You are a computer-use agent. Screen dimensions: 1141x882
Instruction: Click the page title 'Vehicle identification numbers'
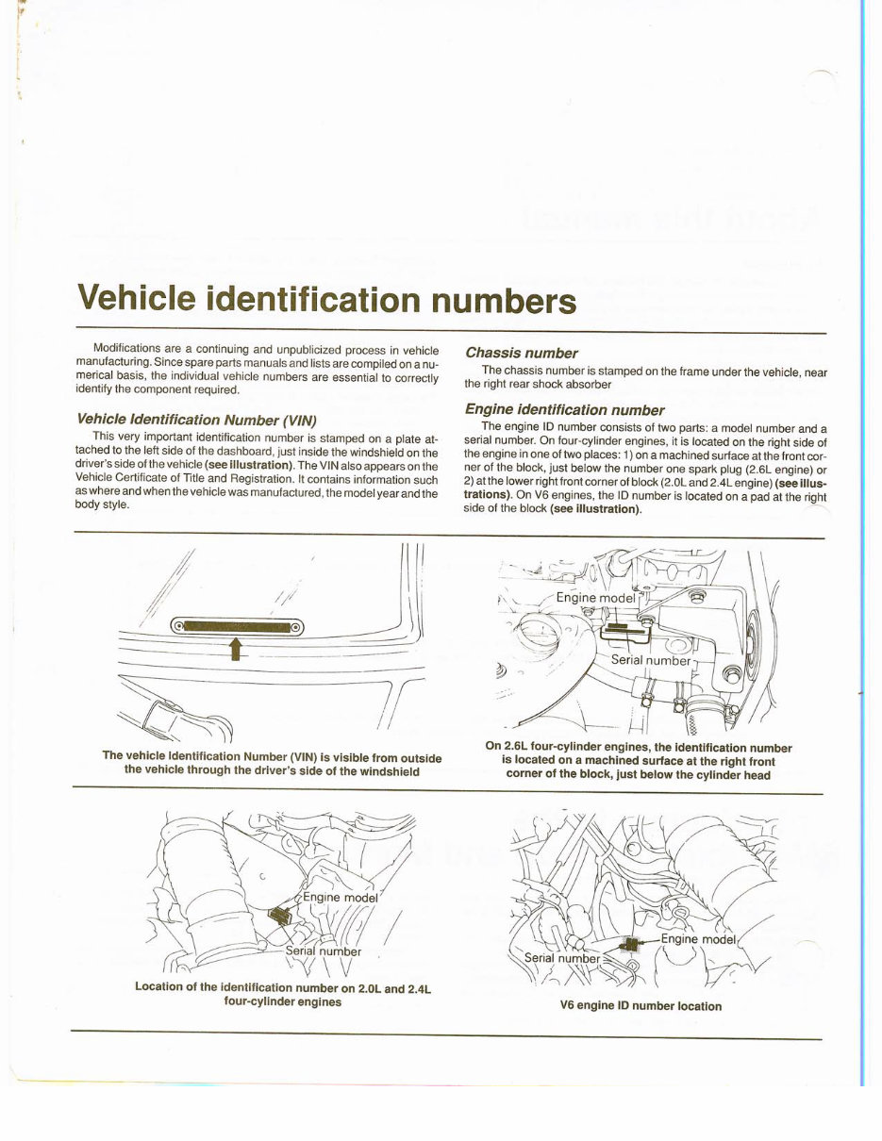(326, 299)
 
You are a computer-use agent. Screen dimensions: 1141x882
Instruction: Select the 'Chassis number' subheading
(521, 353)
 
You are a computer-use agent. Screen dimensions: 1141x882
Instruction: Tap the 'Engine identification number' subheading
(564, 409)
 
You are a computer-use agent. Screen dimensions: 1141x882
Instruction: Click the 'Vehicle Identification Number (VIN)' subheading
(196, 419)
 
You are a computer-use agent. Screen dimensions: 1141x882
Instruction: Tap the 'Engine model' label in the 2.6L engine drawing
(595, 597)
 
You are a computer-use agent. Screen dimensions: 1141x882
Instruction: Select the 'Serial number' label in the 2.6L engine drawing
(651, 660)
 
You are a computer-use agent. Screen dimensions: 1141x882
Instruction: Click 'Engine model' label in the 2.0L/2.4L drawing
(340, 898)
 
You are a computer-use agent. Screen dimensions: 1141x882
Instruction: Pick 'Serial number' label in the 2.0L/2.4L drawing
(324, 951)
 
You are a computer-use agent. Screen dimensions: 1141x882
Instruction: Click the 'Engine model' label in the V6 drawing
(698, 939)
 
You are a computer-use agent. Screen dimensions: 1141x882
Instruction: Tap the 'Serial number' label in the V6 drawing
(561, 958)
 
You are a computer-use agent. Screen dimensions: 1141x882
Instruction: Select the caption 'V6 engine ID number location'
(641, 1006)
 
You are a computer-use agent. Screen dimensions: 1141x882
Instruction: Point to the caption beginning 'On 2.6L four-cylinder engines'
(638, 761)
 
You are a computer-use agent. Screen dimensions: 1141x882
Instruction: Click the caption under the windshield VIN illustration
(272, 763)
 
